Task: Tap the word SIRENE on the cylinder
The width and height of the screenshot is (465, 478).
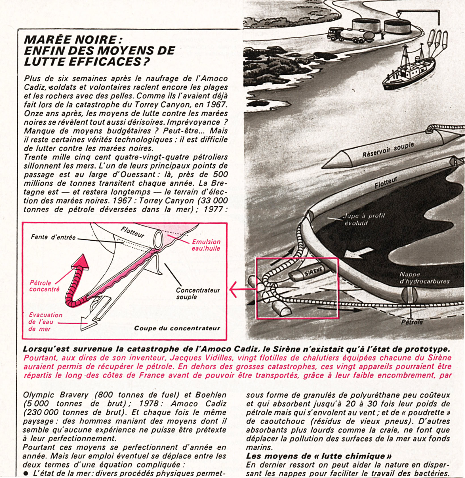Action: pos(313,271)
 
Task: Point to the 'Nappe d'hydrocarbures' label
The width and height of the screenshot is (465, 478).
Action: pos(424,278)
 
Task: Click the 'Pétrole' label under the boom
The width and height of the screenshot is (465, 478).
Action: pos(412,322)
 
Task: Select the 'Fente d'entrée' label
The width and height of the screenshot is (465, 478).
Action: pos(53,237)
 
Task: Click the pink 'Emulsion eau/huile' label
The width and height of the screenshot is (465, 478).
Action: pos(206,245)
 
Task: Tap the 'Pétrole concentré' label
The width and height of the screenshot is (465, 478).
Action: pos(44,286)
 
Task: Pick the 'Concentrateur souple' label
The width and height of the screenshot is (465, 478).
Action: pos(197,293)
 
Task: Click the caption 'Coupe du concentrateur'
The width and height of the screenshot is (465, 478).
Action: pos(177,328)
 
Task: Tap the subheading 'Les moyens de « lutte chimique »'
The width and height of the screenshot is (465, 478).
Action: pos(319,456)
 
